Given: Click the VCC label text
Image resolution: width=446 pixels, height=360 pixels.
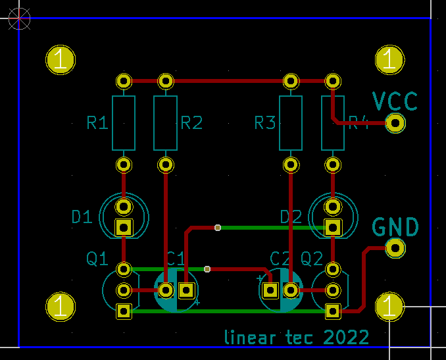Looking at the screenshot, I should click(395, 101).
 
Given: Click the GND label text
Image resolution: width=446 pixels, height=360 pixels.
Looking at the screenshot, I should click(395, 227).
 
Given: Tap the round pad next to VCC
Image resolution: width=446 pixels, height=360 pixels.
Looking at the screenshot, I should click(395, 123).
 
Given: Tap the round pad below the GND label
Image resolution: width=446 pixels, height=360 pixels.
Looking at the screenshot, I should click(395, 248).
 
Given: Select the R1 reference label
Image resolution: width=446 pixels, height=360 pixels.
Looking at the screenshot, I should click(97, 122).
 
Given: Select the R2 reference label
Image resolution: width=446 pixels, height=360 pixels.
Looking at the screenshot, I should click(191, 122).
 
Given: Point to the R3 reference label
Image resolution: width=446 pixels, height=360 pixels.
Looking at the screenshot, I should click(265, 122).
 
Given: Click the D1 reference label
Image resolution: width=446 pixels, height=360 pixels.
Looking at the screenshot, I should click(82, 217).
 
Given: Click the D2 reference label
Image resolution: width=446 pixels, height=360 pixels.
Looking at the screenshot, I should click(291, 217).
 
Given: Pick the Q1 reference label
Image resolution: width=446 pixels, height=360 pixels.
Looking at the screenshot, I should click(97, 259).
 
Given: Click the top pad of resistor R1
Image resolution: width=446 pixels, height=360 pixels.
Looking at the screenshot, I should click(124, 81).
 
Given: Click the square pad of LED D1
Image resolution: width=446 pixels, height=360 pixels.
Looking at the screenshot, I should click(124, 228).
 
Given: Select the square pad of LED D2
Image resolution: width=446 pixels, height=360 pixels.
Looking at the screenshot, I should click(334, 228).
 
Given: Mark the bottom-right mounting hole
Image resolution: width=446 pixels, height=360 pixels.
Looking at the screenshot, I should click(389, 306).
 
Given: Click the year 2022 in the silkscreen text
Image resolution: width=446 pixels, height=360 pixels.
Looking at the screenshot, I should click(346, 338).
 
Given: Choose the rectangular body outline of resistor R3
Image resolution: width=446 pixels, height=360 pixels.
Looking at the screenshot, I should click(290, 122).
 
